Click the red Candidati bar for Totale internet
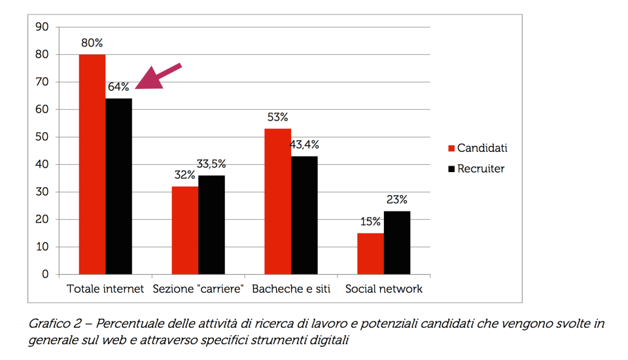point(92,164)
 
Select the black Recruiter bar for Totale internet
point(119,186)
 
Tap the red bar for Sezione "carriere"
point(185,230)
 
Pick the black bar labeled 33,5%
point(212,225)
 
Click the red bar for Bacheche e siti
point(277,201)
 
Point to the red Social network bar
point(370,253)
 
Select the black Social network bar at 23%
point(397,242)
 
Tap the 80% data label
point(92,43)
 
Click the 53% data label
point(277,118)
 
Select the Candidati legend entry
point(477,148)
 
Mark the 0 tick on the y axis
point(45,274)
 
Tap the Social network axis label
point(384,289)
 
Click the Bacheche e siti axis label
point(291,289)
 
